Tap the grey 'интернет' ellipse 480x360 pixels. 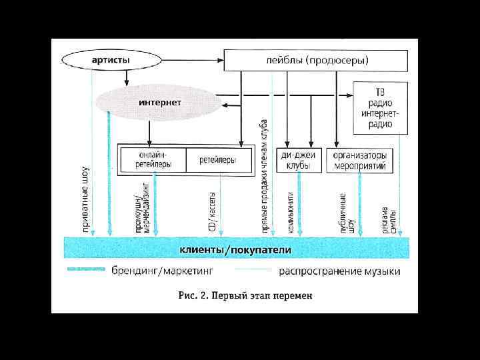coord(159,103)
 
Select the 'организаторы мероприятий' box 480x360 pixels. coord(360,159)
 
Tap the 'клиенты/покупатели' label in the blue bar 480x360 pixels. coord(235,250)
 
